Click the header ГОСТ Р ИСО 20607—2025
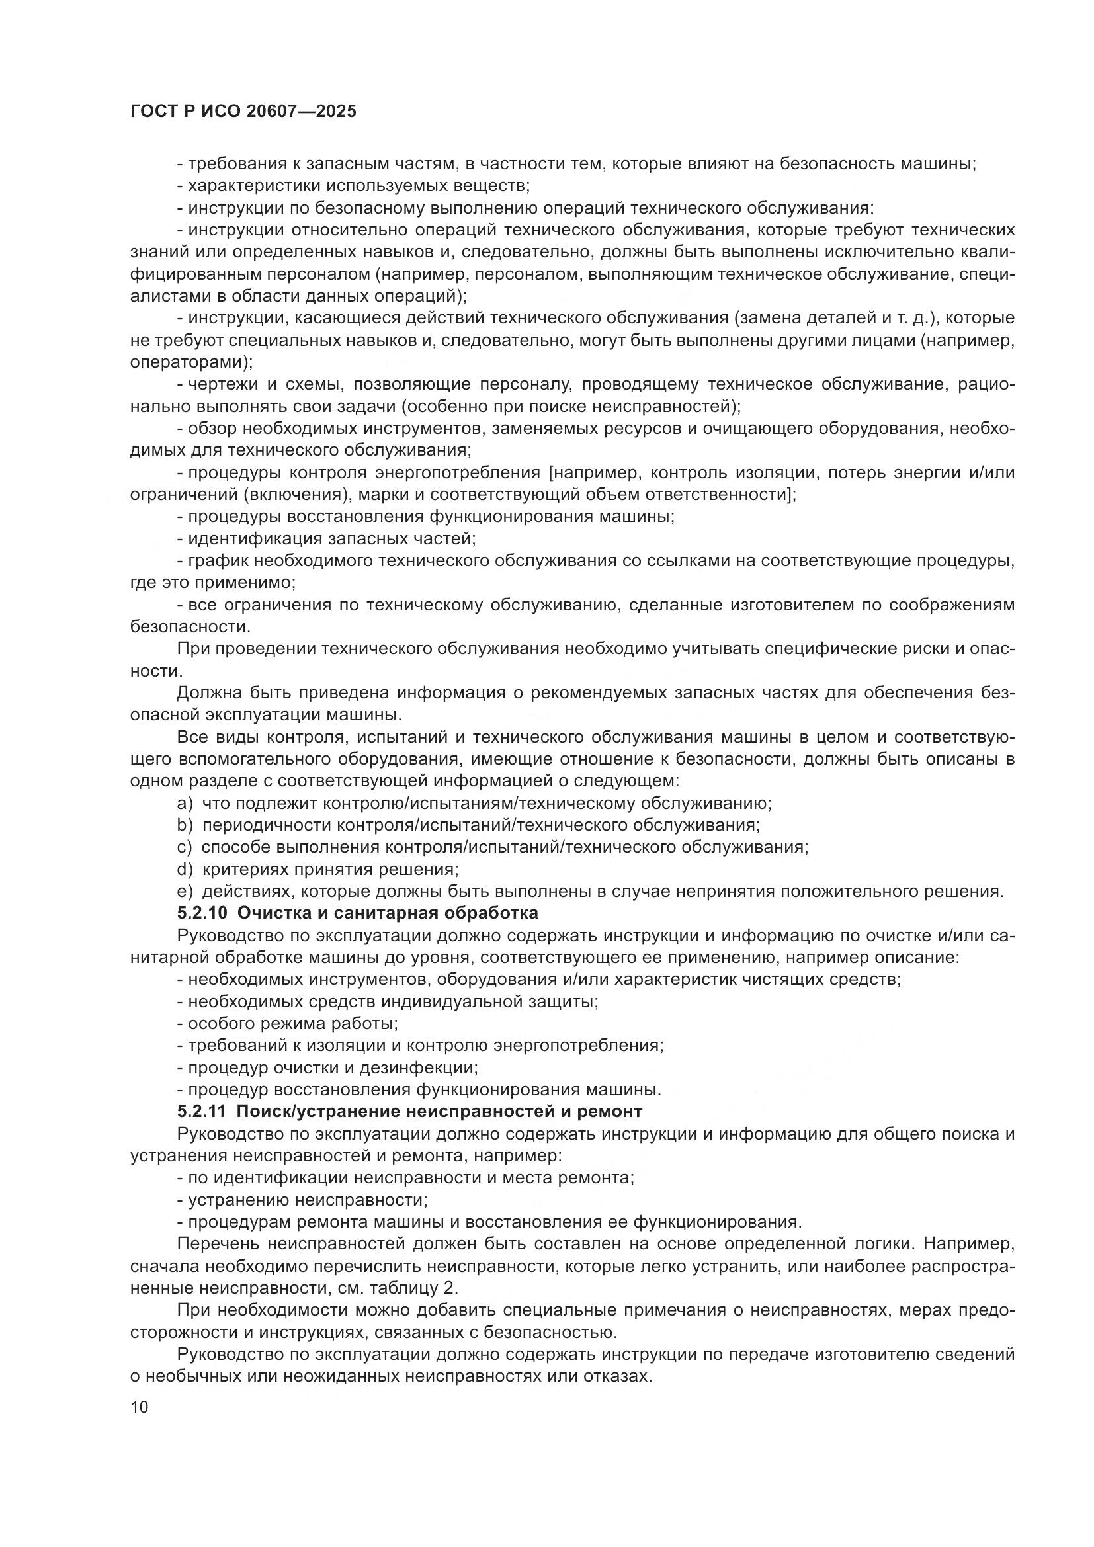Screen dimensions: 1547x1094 pyautogui.click(x=243, y=112)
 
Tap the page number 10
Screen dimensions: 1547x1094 pyautogui.click(x=139, y=1407)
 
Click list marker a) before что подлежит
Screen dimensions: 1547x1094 pyautogui.click(x=184, y=803)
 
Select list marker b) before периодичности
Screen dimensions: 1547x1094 pyautogui.click(x=184, y=825)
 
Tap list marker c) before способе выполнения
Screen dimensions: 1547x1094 pyautogui.click(x=184, y=847)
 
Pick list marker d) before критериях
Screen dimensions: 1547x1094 pyautogui.click(x=184, y=869)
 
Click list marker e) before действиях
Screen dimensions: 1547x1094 pyautogui.click(x=184, y=892)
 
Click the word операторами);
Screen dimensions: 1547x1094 pyautogui.click(x=191, y=362)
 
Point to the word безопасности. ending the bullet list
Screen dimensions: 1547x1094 pyautogui.click(x=190, y=626)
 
